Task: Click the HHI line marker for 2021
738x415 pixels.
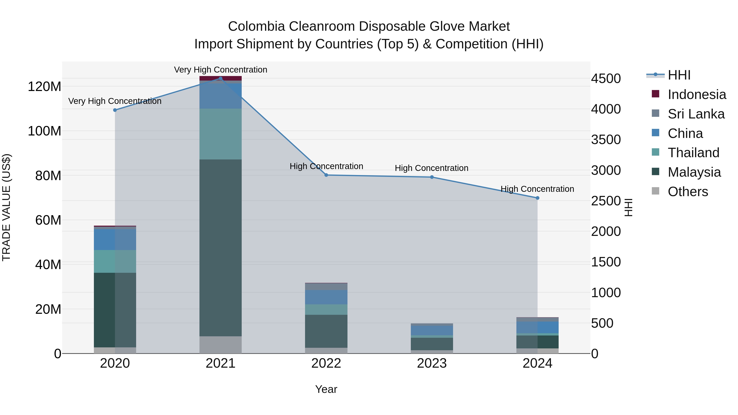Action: (220, 78)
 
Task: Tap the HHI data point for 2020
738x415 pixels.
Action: (115, 110)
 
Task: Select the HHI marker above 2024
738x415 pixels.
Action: (538, 198)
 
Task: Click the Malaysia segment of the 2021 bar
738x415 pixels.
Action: (220, 248)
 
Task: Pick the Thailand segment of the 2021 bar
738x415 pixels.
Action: (220, 134)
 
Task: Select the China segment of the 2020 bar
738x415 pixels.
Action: (115, 239)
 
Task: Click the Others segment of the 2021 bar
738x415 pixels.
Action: (220, 345)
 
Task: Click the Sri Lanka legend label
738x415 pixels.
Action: (696, 114)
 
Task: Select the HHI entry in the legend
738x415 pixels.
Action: (679, 75)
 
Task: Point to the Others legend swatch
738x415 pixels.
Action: (656, 191)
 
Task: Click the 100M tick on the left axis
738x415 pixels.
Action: (44, 131)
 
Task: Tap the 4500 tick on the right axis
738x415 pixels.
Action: (606, 78)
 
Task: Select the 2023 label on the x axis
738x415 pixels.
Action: (432, 363)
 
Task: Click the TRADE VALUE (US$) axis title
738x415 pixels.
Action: (6, 207)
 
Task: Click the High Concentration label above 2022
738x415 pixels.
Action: (326, 166)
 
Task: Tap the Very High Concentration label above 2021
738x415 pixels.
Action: (220, 70)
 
